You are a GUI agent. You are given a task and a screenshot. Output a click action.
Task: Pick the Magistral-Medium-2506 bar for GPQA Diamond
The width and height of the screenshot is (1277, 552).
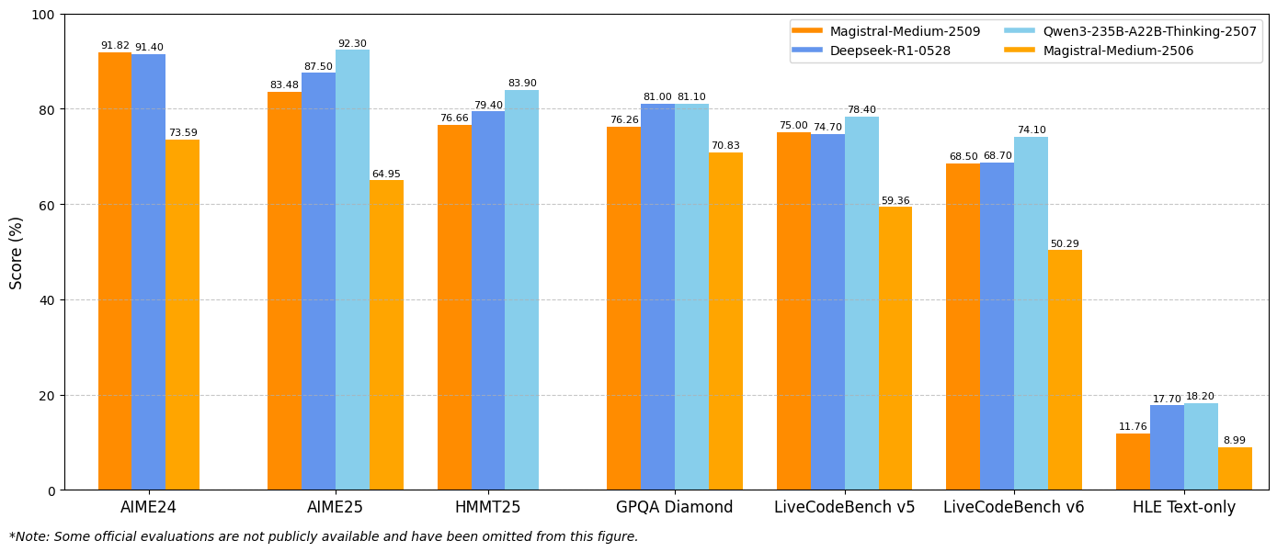point(725,321)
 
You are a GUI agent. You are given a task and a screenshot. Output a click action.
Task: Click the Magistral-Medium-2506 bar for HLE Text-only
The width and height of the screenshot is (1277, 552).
point(1235,468)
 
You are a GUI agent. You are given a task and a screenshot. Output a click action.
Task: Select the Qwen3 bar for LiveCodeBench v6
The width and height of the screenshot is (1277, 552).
point(1031,313)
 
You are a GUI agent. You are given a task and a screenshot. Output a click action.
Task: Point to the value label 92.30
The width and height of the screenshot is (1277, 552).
point(352,44)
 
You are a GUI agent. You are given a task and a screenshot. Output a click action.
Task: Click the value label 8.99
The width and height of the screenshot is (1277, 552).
point(1235,441)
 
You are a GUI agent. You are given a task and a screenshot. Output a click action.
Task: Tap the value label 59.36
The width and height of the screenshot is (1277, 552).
point(895,201)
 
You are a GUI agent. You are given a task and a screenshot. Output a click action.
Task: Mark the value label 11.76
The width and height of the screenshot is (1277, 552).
point(1133,427)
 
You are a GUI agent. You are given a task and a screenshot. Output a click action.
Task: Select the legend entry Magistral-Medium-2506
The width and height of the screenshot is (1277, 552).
point(1118,51)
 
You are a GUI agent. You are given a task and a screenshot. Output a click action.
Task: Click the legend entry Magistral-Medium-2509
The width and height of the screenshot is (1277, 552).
point(905,31)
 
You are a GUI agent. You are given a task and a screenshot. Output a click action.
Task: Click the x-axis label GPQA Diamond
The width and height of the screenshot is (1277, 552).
point(675,507)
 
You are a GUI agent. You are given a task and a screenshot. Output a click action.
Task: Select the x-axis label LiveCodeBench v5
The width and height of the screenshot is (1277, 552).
point(844,507)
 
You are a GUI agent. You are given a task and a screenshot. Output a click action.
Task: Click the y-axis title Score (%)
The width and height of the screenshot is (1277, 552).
point(17,253)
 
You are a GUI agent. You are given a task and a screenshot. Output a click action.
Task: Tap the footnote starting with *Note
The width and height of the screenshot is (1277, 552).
point(324,537)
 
